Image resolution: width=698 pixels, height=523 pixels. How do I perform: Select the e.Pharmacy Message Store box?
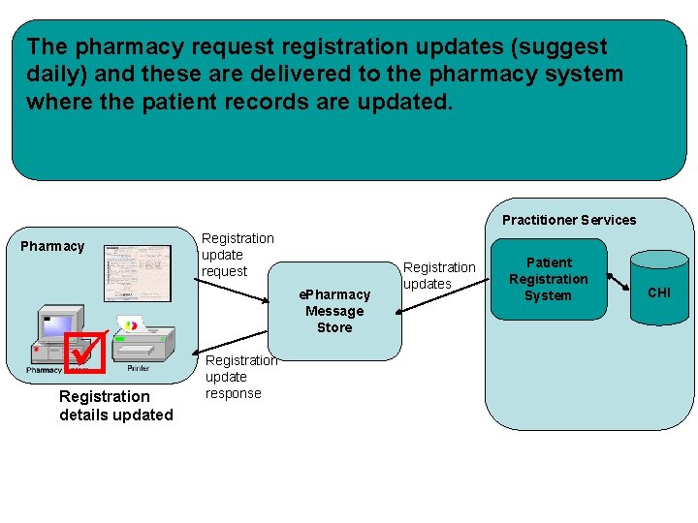pos(334,311)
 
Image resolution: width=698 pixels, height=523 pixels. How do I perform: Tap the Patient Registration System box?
pos(549,279)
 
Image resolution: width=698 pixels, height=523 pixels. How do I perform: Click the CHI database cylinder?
pos(658,292)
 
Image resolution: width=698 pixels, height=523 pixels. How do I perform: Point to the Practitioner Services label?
pos(569,220)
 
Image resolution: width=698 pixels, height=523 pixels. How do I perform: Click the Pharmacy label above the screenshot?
pos(52,246)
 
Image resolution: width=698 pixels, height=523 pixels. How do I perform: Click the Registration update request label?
pos(237,255)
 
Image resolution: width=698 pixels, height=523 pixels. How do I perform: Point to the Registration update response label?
pos(239,377)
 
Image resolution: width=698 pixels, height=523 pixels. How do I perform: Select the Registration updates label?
pos(438,275)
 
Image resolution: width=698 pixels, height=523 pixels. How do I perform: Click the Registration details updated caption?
pos(115,406)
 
